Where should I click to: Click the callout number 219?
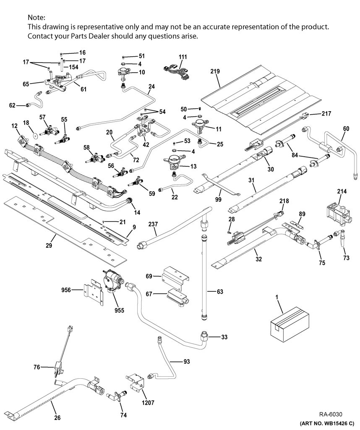(215, 71)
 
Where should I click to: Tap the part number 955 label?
(119, 310)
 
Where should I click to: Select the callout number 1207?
(148, 403)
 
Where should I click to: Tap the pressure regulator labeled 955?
(113, 280)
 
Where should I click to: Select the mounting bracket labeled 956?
(93, 292)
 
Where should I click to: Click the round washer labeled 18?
(35, 135)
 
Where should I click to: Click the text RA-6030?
(331, 414)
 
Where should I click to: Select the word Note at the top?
(36, 18)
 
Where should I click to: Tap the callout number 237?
(153, 224)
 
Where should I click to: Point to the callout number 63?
(220, 291)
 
